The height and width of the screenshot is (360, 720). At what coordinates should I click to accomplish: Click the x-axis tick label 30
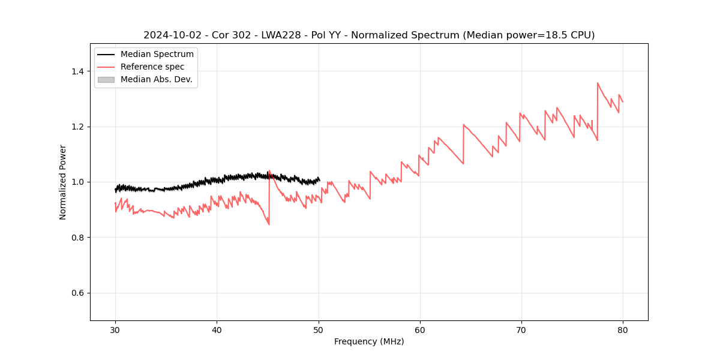tap(115, 329)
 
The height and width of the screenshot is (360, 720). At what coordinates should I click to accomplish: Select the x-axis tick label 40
tap(217, 329)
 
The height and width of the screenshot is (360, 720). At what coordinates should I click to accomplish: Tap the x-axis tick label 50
tap(318, 329)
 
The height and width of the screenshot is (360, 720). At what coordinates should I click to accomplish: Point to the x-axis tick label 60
tap(420, 329)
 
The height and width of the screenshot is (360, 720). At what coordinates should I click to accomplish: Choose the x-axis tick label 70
tap(521, 329)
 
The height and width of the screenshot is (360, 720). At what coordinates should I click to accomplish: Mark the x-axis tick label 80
tap(623, 329)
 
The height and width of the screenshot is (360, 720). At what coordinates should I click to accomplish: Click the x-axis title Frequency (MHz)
tap(369, 341)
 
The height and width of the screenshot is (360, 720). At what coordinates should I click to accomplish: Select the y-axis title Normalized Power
tap(63, 182)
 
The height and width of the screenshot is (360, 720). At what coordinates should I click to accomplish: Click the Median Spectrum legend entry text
tap(157, 55)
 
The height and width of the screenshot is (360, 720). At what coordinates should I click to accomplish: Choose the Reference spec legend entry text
tap(152, 67)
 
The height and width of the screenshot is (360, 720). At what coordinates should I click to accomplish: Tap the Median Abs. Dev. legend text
tap(156, 79)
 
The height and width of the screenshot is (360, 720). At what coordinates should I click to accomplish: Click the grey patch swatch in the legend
tap(106, 79)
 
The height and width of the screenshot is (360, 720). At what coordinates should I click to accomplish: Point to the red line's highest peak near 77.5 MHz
tap(598, 83)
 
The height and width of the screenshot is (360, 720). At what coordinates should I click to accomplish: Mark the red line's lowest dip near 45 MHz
tap(269, 224)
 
